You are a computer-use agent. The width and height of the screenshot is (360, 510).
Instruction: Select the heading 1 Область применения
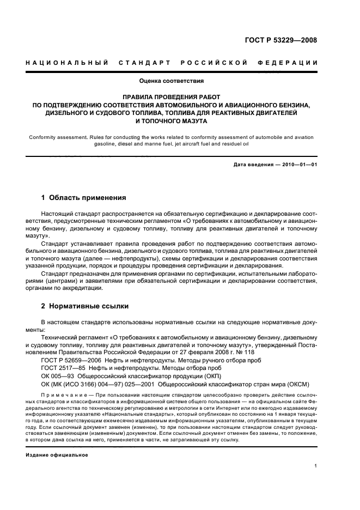click(84, 197)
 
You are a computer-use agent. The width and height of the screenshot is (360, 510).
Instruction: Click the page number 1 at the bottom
click(316, 466)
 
